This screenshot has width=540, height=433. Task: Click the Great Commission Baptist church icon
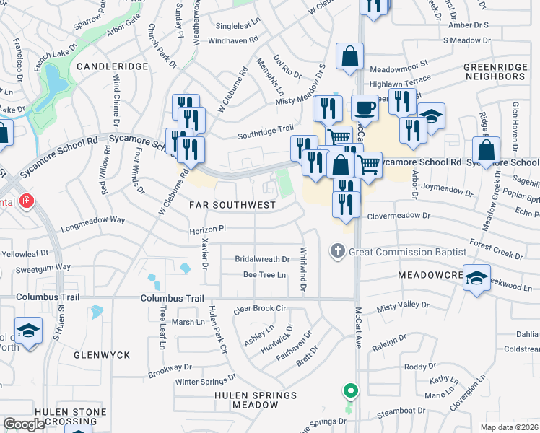click(x=337, y=252)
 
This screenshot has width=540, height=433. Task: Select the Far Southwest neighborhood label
click(x=232, y=205)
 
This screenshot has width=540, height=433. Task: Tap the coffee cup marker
click(x=365, y=108)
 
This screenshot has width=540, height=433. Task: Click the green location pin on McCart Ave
click(x=351, y=392)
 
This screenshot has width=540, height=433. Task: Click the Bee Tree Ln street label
click(x=264, y=275)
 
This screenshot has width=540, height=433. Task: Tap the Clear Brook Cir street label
click(x=261, y=308)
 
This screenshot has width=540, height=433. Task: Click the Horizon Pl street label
click(x=208, y=228)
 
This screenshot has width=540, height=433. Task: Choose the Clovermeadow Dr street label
click(x=398, y=215)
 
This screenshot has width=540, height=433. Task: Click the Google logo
click(x=24, y=424)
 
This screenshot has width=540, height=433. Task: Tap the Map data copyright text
click(x=509, y=427)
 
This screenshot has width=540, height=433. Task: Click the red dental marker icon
click(x=27, y=201)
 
